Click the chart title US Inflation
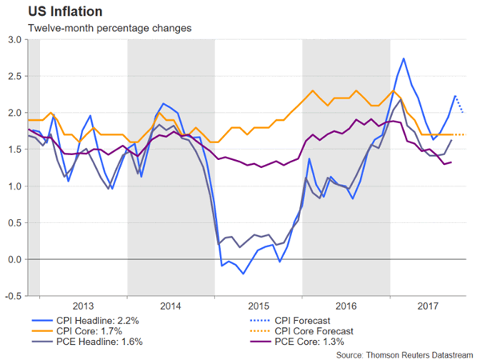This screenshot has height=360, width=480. [x=58, y=13]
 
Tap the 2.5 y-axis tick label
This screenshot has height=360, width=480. [x=14, y=76]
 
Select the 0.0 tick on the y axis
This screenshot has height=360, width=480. [x=14, y=259]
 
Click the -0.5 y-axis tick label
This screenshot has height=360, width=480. [x=12, y=296]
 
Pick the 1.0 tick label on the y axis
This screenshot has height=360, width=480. [x=14, y=186]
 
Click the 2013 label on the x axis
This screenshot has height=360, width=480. [x=83, y=305]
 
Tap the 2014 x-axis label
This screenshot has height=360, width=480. [x=171, y=305]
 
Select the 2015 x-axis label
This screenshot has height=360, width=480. [x=258, y=305]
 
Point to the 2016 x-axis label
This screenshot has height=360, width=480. [x=346, y=305]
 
